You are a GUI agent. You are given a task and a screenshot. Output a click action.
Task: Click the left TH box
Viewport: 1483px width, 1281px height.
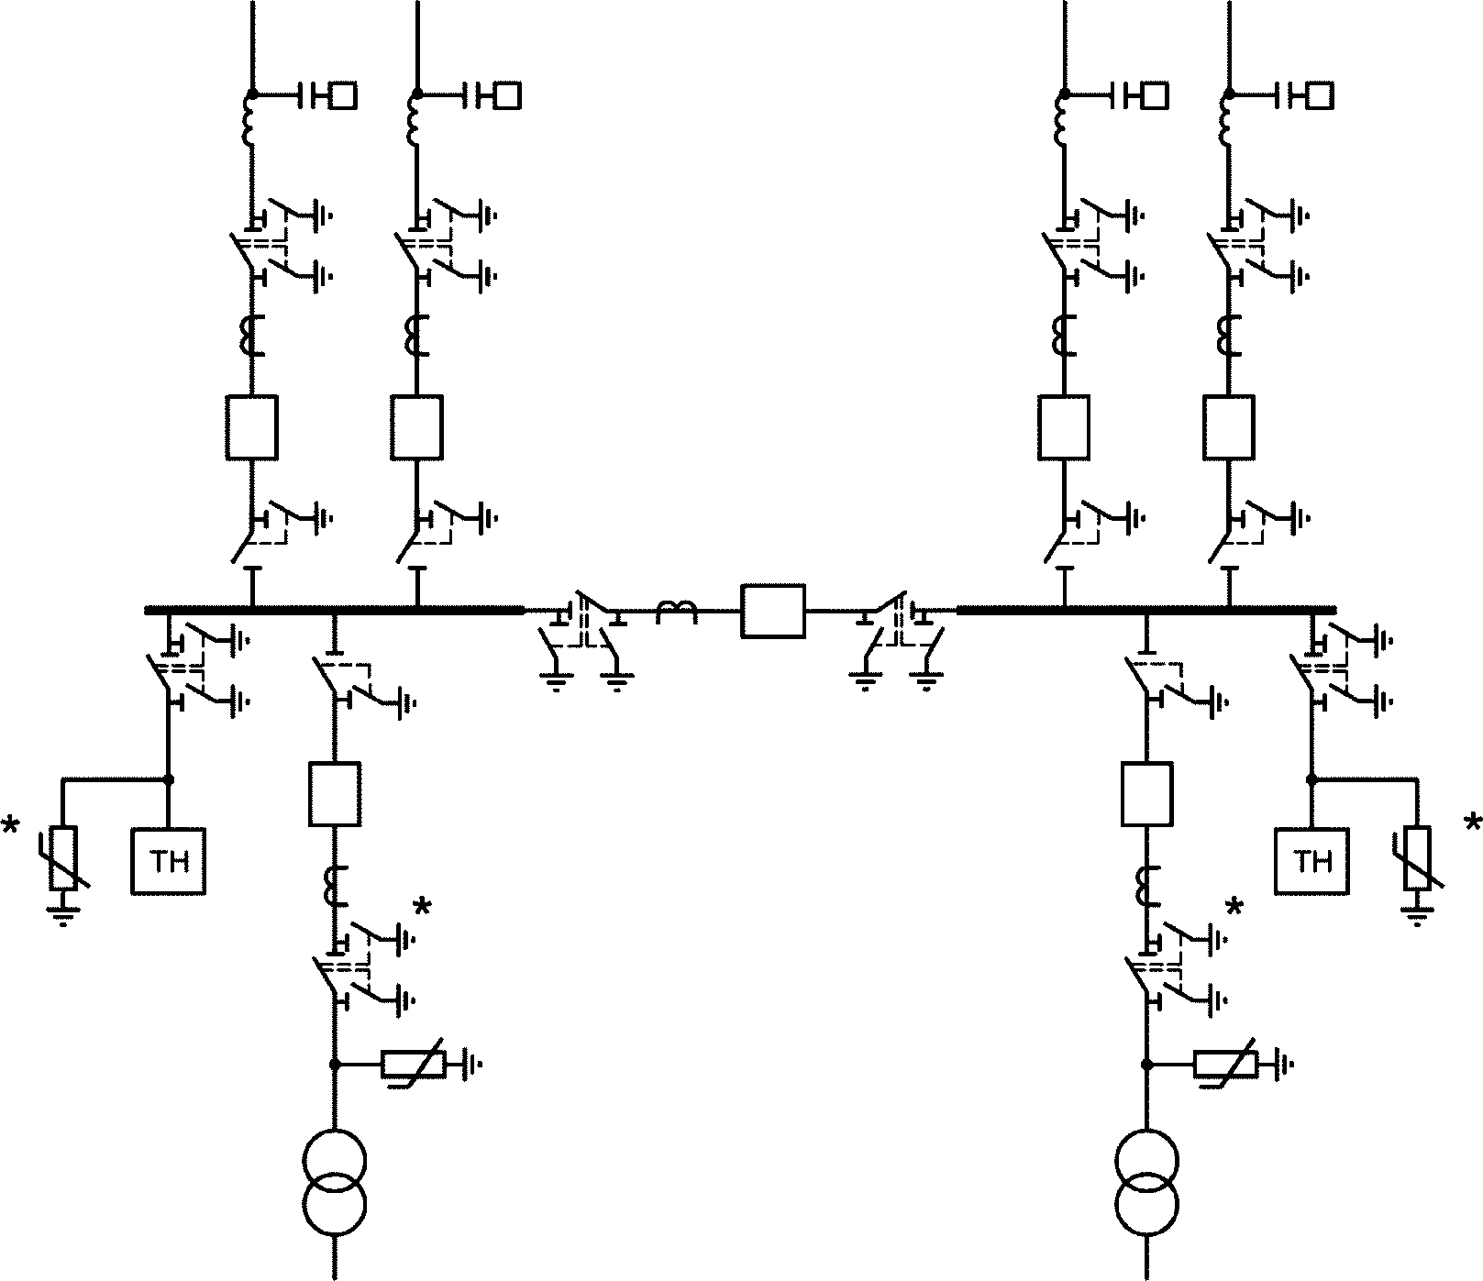click(168, 861)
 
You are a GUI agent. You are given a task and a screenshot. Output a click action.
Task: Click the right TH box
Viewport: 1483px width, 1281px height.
click(1311, 861)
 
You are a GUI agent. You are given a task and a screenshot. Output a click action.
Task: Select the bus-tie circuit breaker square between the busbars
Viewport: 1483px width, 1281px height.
click(773, 611)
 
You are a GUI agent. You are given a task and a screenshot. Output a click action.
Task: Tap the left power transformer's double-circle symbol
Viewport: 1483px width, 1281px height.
click(335, 1182)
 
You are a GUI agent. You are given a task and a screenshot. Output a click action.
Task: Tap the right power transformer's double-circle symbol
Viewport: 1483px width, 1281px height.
click(1147, 1182)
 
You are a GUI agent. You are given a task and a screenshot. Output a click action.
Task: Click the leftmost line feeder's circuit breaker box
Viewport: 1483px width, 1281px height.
click(251, 427)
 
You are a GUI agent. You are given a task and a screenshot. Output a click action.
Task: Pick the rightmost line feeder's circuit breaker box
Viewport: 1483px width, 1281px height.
click(1229, 427)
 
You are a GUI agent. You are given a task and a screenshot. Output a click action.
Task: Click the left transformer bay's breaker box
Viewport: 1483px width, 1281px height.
click(335, 794)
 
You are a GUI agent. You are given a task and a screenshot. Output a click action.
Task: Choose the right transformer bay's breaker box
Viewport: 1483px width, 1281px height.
click(1147, 794)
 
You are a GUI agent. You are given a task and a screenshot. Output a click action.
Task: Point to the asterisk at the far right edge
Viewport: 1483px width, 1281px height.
click(1473, 823)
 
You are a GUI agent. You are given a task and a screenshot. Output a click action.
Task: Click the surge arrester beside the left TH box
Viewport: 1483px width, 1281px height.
click(64, 858)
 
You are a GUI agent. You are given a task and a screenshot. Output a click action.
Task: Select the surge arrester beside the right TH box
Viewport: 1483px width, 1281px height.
click(1418, 858)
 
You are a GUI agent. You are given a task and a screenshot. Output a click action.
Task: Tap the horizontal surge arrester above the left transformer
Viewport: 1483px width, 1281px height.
click(414, 1065)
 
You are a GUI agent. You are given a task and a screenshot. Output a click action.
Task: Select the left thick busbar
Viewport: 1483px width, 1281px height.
click(334, 610)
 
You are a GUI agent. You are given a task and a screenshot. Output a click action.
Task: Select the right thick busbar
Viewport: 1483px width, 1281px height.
click(1146, 610)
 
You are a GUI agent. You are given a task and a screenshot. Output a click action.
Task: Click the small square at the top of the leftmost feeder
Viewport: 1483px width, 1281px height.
click(344, 95)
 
